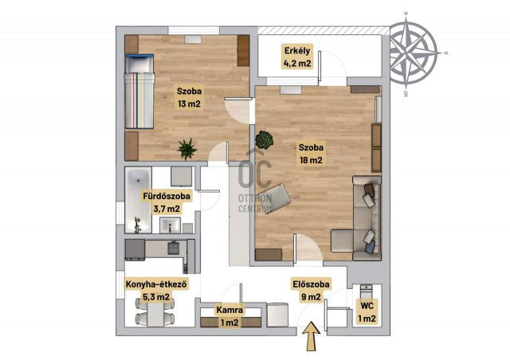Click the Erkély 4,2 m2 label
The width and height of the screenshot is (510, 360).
[x=297, y=57]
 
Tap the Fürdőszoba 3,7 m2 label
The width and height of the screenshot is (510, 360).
[x=167, y=202]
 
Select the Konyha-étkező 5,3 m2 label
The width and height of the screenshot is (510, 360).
[x=156, y=290]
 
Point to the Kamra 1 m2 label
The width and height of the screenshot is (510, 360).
[x=229, y=316]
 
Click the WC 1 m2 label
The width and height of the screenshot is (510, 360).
[x=367, y=312]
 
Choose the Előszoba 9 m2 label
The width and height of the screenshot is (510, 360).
[x=311, y=290]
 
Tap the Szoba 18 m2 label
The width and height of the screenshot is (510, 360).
[x=311, y=154]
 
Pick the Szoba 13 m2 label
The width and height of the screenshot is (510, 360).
[x=189, y=97]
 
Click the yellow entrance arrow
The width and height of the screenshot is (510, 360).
[x=312, y=336]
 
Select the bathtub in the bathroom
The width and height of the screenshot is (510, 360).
[x=138, y=200]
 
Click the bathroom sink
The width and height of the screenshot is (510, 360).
[x=170, y=225]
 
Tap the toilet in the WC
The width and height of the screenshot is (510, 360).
[x=367, y=291]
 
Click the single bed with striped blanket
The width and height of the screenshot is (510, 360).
[x=139, y=92]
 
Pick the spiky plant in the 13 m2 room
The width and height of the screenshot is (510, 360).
[x=187, y=149]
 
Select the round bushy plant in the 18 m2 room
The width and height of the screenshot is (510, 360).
[x=264, y=140]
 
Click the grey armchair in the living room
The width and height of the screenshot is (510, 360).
[x=275, y=198]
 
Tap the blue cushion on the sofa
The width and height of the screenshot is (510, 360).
[x=370, y=248]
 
